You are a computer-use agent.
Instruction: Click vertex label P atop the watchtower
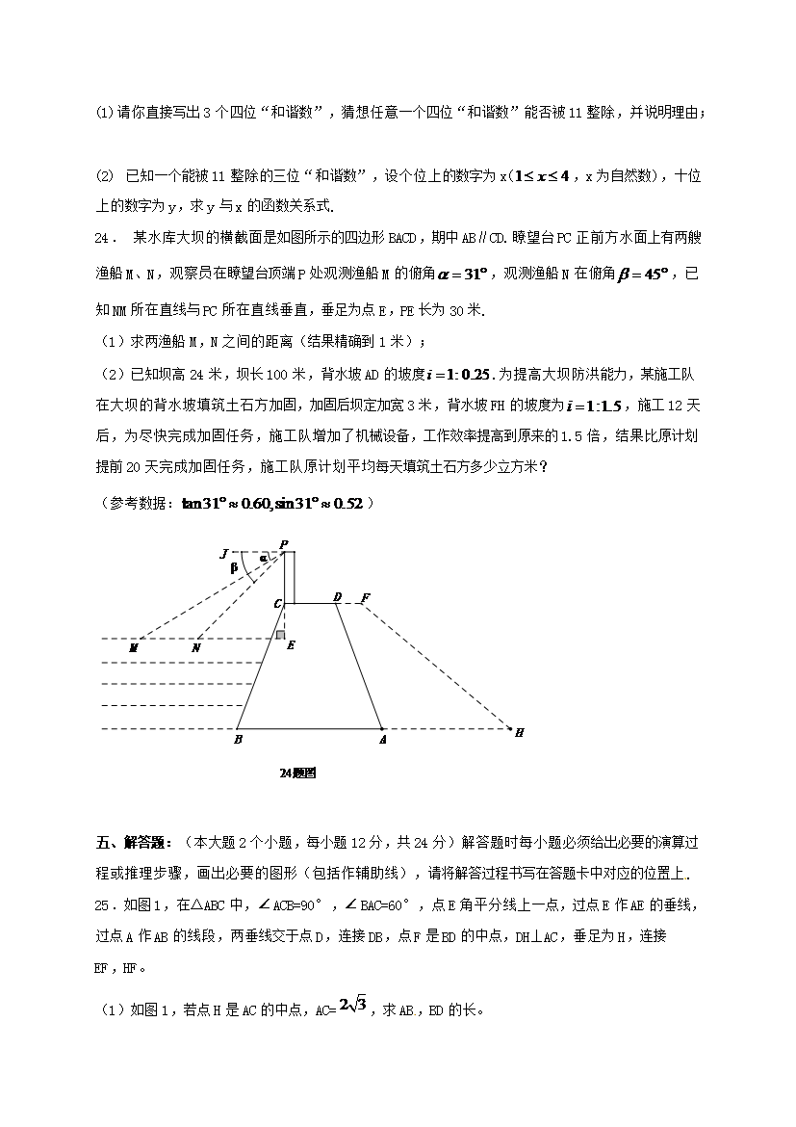284,544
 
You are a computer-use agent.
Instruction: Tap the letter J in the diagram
224,554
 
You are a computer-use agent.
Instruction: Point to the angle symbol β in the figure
233,568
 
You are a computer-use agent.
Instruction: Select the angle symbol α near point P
263,559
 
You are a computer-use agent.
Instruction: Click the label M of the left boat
134,648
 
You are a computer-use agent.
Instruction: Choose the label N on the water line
196,648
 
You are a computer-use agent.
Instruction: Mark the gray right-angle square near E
279,635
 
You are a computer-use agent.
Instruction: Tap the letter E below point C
291,644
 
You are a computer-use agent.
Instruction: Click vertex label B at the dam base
238,741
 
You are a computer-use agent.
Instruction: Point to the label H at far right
519,733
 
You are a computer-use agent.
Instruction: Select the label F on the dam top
366,598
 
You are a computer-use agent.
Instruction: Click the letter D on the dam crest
337,597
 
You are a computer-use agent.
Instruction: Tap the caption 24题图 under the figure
297,773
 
